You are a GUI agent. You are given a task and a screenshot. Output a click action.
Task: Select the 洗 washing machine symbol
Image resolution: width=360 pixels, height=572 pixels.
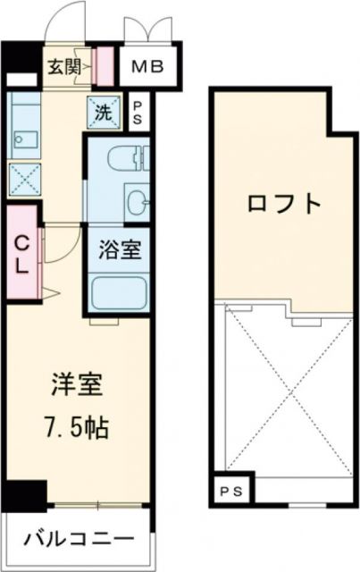(x=103, y=113)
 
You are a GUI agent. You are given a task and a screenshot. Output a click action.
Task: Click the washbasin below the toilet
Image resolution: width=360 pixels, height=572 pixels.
(x=138, y=198)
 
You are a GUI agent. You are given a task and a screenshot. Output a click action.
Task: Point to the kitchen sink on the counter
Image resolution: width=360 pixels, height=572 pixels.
(x=22, y=140)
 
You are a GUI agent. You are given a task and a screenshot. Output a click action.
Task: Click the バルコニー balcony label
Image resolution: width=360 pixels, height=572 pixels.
(x=79, y=539)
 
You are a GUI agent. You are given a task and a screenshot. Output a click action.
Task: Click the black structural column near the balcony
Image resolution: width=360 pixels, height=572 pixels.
(x=26, y=494)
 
